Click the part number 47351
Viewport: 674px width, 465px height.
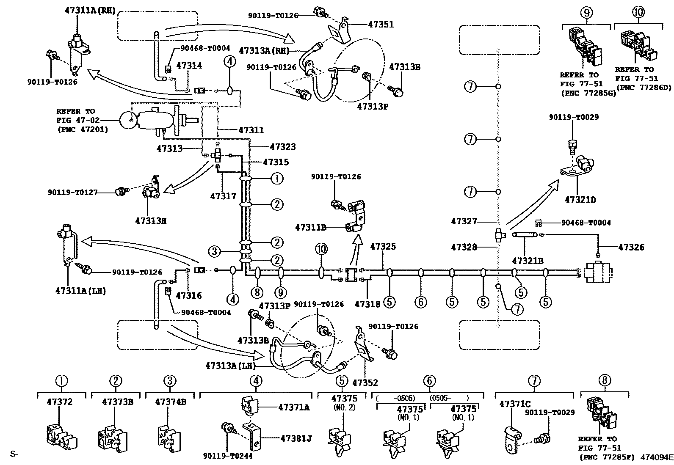(x=381, y=25)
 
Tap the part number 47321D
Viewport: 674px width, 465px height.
(x=580, y=199)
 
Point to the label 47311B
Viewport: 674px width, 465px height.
(x=310, y=228)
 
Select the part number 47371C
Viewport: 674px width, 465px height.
(x=515, y=404)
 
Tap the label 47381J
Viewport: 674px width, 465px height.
(x=296, y=438)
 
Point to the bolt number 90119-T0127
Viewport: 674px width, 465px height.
(x=72, y=193)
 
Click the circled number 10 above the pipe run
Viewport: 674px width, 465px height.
(x=321, y=249)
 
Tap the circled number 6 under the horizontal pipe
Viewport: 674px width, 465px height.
(x=420, y=302)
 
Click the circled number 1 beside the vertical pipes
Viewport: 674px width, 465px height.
(x=276, y=179)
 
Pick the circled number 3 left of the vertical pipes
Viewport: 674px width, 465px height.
(x=215, y=252)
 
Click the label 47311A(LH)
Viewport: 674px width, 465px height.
(x=80, y=291)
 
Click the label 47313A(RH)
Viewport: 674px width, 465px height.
(x=263, y=50)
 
